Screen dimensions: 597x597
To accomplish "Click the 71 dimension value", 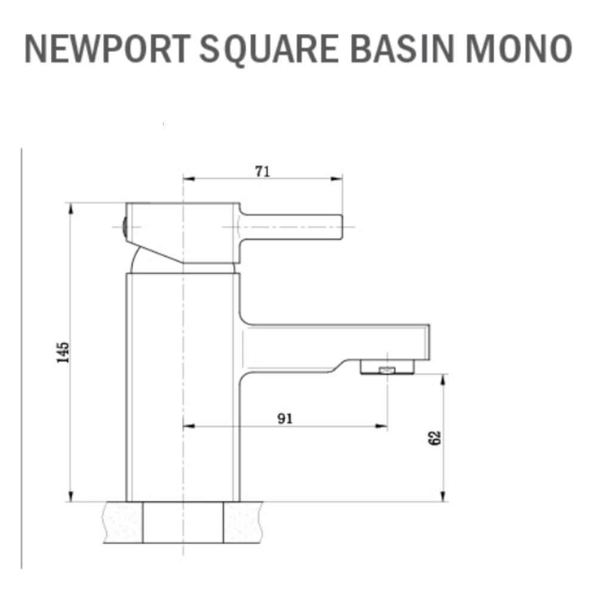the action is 263,171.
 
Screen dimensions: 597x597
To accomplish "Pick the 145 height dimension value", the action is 63,352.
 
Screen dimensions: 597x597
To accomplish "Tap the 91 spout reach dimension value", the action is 285,418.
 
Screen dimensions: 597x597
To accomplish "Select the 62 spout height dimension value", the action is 435,438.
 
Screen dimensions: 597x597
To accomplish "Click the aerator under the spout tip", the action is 387,369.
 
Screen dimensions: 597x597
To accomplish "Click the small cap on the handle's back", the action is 124,227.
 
